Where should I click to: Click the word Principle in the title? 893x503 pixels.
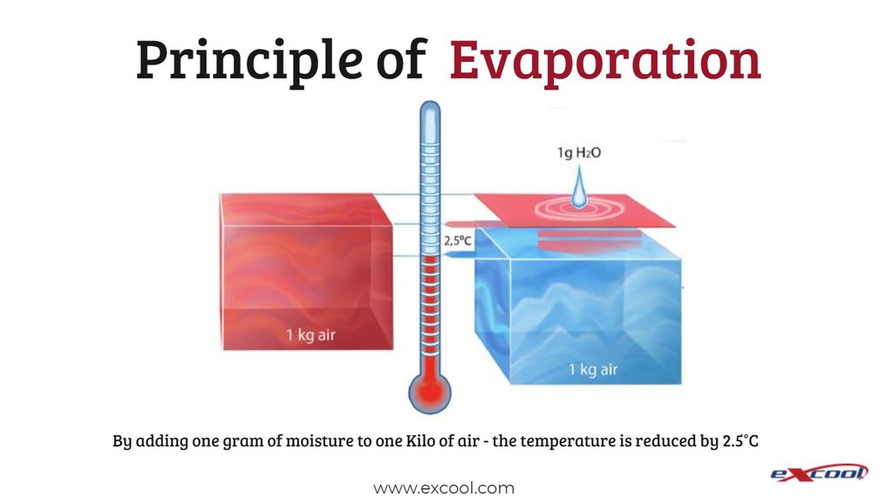coord(249,61)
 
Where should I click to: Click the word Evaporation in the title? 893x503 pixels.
coord(605,61)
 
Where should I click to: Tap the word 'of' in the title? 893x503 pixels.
coord(401,59)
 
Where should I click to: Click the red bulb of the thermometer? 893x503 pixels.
coord(430,391)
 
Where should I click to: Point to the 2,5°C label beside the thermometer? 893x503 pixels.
coord(457,241)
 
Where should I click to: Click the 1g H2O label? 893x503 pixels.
coord(579,153)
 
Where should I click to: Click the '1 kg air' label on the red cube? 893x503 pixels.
coord(310,335)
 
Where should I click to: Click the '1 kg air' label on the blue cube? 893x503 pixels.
coord(593,370)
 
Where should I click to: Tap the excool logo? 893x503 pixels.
coord(819,472)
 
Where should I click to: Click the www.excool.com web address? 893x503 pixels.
coord(444,488)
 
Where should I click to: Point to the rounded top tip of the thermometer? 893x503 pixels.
coord(430,102)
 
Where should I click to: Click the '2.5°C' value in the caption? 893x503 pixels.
coord(740,440)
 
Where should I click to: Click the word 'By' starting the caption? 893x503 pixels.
coord(122,442)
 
